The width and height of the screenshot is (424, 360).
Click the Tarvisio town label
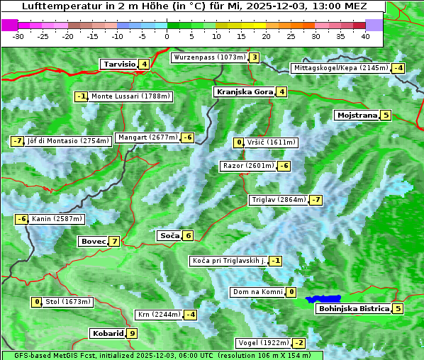point(119,64)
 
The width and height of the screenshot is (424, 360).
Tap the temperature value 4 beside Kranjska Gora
point(281,91)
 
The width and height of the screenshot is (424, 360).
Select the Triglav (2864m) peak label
point(278,200)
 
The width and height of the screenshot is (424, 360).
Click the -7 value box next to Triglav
point(316,200)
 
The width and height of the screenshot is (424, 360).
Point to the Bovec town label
point(92,242)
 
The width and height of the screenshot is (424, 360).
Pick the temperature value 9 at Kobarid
point(132,333)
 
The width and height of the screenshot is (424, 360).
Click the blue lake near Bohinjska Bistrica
point(324,300)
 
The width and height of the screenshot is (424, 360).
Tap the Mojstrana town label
point(357,115)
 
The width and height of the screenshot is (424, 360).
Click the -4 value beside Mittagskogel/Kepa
point(398,68)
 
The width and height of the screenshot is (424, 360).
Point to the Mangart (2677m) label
point(147,137)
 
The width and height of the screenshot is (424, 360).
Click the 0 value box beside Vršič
point(239,142)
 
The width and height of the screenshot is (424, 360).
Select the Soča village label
point(169,235)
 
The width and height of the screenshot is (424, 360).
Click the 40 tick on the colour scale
point(365,36)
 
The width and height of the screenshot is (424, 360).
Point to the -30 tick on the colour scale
point(18,36)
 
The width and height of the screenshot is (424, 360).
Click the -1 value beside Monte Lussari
point(81,96)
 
